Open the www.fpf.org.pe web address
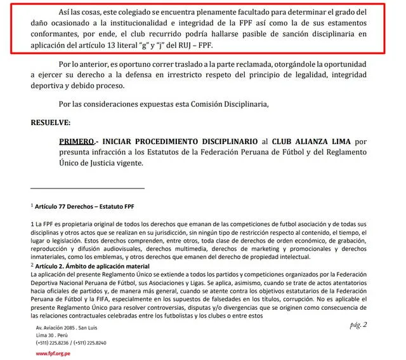tap(53, 353)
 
